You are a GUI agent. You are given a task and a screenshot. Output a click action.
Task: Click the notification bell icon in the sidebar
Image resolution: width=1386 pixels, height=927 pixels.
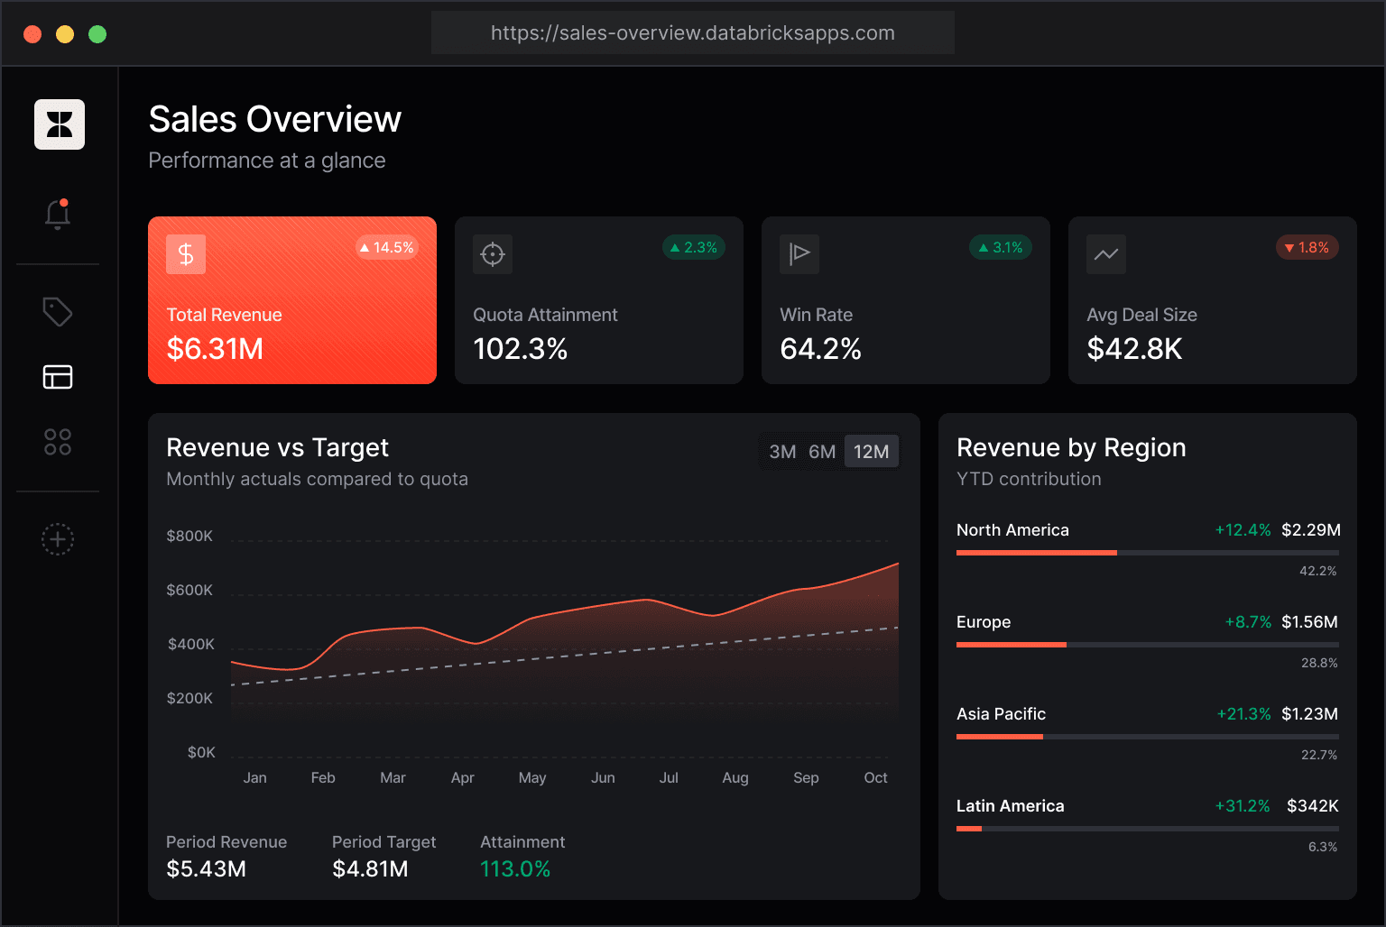pos(58,215)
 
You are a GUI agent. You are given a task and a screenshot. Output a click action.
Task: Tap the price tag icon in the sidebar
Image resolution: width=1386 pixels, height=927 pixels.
pos(58,312)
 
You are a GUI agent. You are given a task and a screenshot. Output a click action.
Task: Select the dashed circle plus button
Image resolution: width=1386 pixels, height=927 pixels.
pos(58,539)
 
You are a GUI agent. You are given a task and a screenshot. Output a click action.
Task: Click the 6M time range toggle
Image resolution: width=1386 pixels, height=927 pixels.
pos(822,452)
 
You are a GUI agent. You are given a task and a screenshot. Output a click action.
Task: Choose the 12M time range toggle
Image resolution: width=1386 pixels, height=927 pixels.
pos(871,452)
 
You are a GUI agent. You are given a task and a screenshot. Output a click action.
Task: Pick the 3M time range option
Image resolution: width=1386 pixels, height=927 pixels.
pos(782,452)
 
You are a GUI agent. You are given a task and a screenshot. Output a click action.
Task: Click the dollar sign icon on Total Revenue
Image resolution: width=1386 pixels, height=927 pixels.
pos(186,253)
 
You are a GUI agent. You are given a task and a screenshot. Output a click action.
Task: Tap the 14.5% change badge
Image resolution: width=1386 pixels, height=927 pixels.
pos(387,247)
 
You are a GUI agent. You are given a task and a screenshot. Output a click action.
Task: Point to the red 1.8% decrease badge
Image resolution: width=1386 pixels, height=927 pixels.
pos(1307,247)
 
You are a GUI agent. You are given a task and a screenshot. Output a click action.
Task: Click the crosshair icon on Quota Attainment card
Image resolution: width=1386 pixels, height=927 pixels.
pos(493,253)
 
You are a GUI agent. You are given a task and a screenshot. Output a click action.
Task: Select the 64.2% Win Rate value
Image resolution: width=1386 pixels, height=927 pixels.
pos(820,349)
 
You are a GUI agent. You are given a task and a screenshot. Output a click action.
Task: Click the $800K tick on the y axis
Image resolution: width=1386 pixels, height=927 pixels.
pos(189,536)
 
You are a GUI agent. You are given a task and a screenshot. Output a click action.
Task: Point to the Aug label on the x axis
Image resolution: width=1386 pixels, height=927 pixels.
pos(735,777)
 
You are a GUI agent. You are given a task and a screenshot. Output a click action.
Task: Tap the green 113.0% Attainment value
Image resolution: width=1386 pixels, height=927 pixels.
pos(515,869)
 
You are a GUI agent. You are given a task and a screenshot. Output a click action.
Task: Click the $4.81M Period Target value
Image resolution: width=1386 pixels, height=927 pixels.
pos(370,869)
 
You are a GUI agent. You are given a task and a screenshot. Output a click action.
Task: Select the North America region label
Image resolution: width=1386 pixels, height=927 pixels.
pos(1012,530)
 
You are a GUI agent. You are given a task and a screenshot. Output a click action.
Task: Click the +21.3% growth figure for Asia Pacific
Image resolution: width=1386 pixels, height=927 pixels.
pos(1243,713)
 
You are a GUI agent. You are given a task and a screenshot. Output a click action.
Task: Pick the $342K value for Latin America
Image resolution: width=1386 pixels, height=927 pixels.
pos(1312,806)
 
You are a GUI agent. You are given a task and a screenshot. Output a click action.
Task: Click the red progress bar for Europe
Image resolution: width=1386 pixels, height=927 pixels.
pos(1011,645)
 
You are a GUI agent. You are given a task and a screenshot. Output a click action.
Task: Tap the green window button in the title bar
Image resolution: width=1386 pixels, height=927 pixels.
pos(97,34)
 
